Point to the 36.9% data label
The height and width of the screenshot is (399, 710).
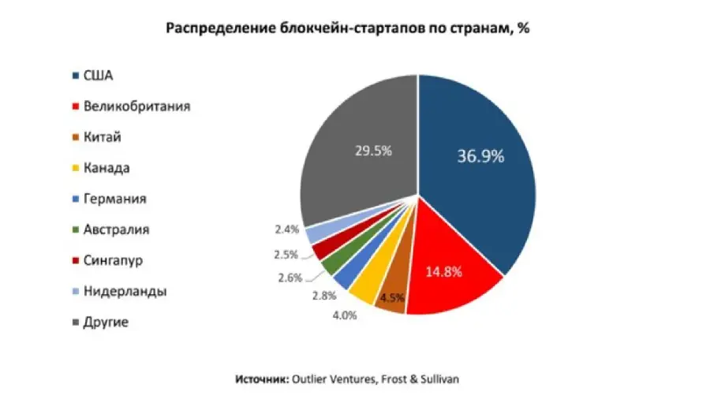(x=480, y=156)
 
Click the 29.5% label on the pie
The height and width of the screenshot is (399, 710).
(x=372, y=150)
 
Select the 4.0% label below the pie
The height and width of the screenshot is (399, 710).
(x=345, y=316)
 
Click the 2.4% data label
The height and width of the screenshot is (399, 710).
(x=286, y=229)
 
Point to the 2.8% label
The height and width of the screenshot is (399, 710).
(x=323, y=296)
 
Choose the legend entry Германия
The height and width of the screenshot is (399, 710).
(x=115, y=199)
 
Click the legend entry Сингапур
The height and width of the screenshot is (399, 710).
(x=113, y=260)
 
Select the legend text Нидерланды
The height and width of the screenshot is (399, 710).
(x=125, y=291)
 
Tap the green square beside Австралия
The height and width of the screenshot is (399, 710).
(x=75, y=230)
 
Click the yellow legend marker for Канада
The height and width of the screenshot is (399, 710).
(x=75, y=168)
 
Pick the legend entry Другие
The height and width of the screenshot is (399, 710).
(x=106, y=322)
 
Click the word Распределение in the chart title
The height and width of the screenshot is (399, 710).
(x=208, y=28)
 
